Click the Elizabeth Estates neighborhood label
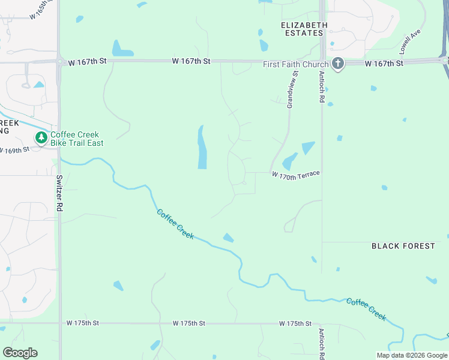pyautogui.click(x=305, y=29)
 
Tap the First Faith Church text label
pyautogui.click(x=296, y=65)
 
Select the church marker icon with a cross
pyautogui.click(x=338, y=64)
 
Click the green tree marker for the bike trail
pyautogui.click(x=41, y=139)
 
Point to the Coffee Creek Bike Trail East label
pyautogui.click(x=77, y=139)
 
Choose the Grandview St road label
pyautogui.click(x=292, y=90)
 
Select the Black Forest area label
pyautogui.click(x=403, y=246)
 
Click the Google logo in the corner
pyautogui.click(x=20, y=352)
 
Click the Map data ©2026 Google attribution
pyautogui.click(x=412, y=355)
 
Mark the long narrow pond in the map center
pyautogui.click(x=202, y=147)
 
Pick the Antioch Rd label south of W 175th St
pyautogui.click(x=322, y=343)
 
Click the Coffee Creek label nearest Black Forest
pyautogui.click(x=366, y=309)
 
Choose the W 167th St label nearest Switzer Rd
pyautogui.click(x=87, y=62)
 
